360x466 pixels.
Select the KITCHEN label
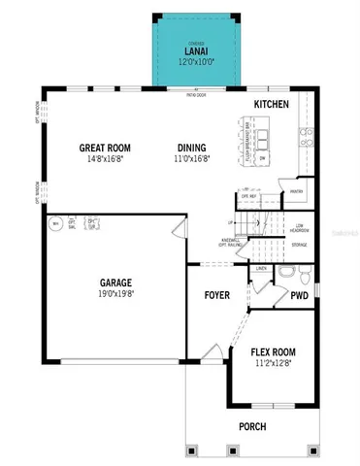tap(271, 103)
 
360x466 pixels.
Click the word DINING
tap(189, 148)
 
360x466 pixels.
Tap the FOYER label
tap(216, 294)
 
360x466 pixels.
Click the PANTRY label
tap(297, 191)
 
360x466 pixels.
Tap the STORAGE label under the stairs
tap(299, 245)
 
